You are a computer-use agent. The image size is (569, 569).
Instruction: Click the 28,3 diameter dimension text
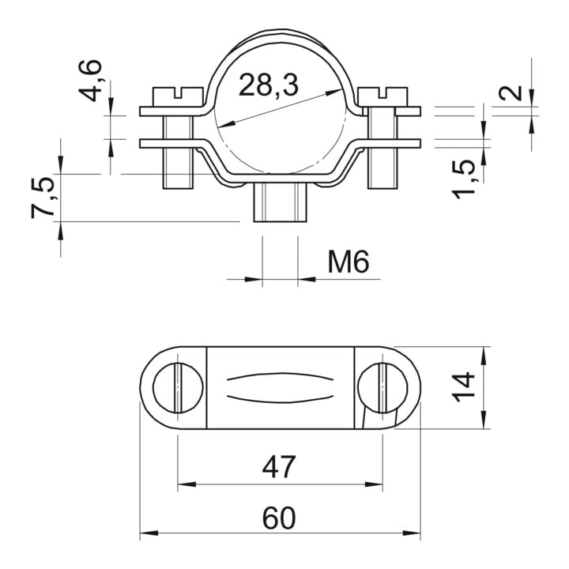pyautogui.click(x=269, y=85)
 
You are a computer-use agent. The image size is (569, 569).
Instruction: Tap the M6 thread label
pyautogui.click(x=349, y=262)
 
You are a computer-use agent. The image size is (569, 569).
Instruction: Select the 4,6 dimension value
pyautogui.click(x=90, y=80)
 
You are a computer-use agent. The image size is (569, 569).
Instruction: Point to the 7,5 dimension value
pyautogui.click(x=43, y=198)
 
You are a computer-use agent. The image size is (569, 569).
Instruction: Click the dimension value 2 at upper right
pyautogui.click(x=510, y=93)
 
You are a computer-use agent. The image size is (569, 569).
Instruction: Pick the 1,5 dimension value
pyautogui.click(x=463, y=179)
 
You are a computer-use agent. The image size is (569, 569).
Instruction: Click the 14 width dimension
pyautogui.click(x=464, y=386)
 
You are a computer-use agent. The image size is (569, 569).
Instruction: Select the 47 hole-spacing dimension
pyautogui.click(x=279, y=467)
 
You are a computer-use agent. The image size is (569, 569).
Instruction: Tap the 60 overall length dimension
pyautogui.click(x=279, y=518)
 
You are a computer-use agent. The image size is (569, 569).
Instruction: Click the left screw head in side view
pyautogui.click(x=178, y=97)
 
